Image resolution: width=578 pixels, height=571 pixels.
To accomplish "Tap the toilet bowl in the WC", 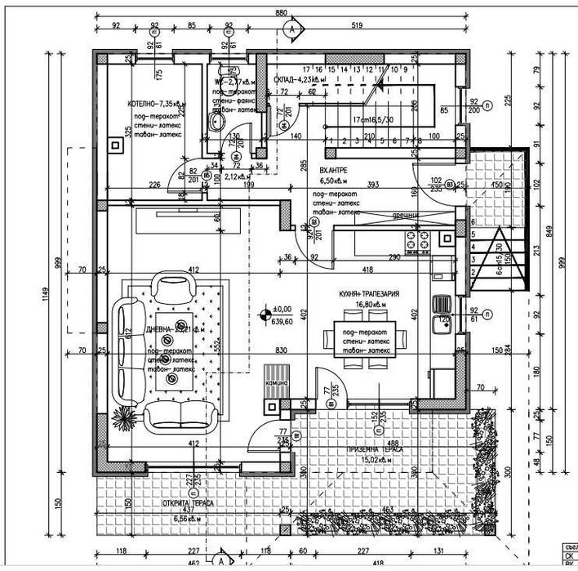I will [216, 123].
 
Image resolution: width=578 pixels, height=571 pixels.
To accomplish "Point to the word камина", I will [273, 391].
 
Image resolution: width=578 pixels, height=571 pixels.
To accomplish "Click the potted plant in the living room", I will [124, 416].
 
